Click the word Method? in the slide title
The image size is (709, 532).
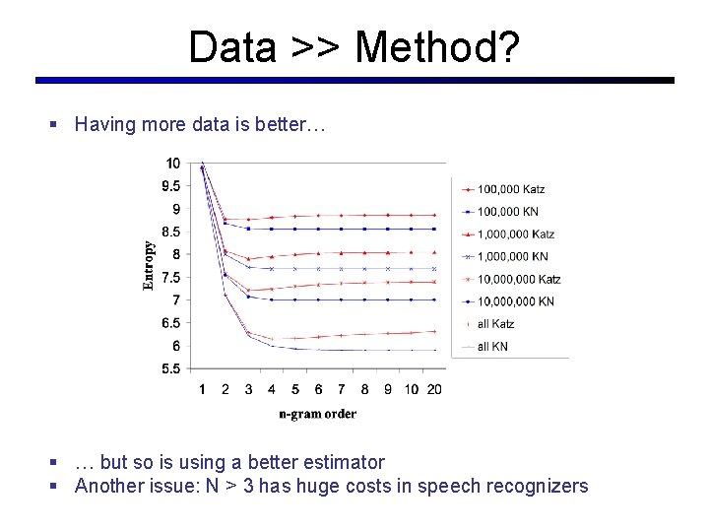pyautogui.click(x=437, y=46)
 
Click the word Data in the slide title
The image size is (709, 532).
pyautogui.click(x=232, y=46)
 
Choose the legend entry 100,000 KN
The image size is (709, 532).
pyautogui.click(x=507, y=212)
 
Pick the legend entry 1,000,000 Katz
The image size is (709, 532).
pyautogui.click(x=515, y=234)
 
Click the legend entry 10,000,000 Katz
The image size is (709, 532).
pyautogui.click(x=518, y=280)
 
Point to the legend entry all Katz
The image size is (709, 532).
pyautogui.click(x=495, y=324)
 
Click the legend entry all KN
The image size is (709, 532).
pyautogui.click(x=492, y=347)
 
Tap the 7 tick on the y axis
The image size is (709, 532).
pyautogui.click(x=176, y=300)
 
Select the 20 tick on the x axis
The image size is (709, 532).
pyautogui.click(x=434, y=389)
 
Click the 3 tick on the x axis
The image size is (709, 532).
pyautogui.click(x=248, y=389)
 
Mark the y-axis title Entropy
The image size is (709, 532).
pyautogui.click(x=149, y=266)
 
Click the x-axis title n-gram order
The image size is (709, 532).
pyautogui.click(x=317, y=414)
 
